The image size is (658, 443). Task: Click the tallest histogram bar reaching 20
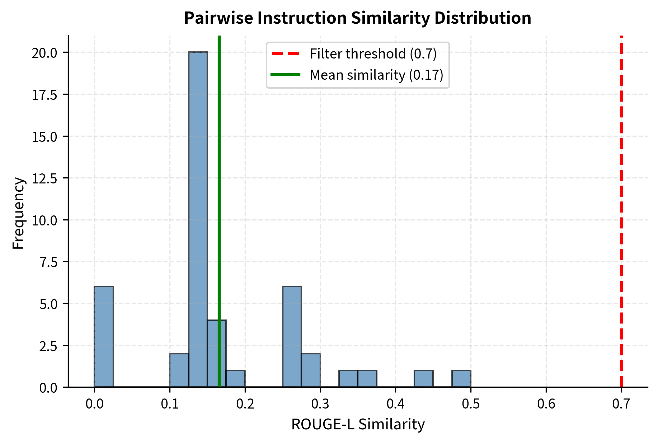pyautogui.click(x=198, y=219)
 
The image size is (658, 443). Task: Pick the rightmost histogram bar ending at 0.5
pyautogui.click(x=461, y=378)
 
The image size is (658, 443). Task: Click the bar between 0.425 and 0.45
pyautogui.click(x=423, y=378)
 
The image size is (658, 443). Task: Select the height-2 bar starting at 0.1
pyautogui.click(x=179, y=370)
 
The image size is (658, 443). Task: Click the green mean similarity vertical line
pyautogui.click(x=219, y=179)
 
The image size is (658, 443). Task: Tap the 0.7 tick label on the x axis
pyautogui.click(x=621, y=404)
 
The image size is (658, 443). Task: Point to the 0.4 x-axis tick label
pyautogui.click(x=395, y=404)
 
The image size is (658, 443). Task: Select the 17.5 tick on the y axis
pyautogui.click(x=44, y=95)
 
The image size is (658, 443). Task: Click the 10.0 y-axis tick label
pyautogui.click(x=44, y=220)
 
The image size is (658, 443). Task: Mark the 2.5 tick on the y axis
pyautogui.click(x=48, y=346)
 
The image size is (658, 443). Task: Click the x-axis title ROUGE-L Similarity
pyautogui.click(x=358, y=424)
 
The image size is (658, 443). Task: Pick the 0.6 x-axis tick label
pyautogui.click(x=546, y=404)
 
